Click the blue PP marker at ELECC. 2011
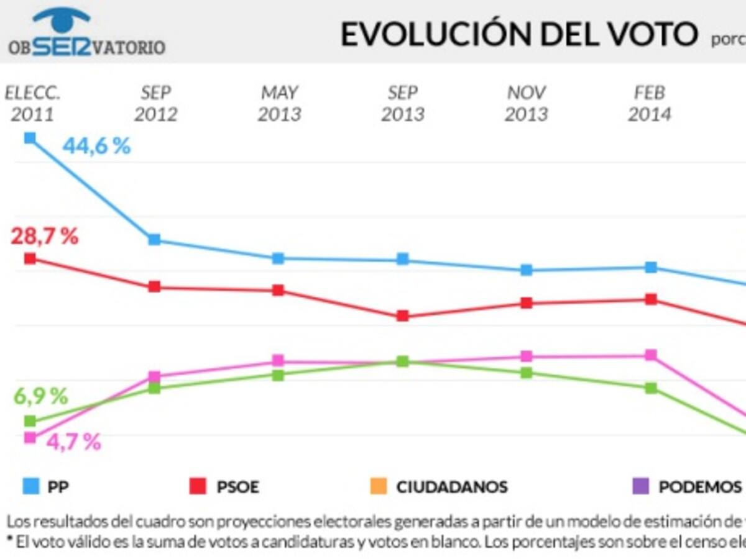pyautogui.click(x=29, y=138)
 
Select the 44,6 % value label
pyautogui.click(x=96, y=147)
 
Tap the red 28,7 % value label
pyautogui.click(x=44, y=237)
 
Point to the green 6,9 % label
pyautogui.click(x=40, y=396)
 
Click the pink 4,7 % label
pyautogui.click(x=73, y=442)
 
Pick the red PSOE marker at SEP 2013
pyautogui.click(x=402, y=316)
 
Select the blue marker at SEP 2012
pyautogui.click(x=154, y=240)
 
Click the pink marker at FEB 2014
pyautogui.click(x=651, y=355)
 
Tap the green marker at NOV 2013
pyautogui.click(x=527, y=373)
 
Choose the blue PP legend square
pyautogui.click(x=29, y=486)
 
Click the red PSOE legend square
pyautogui.click(x=198, y=486)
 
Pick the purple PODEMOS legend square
pyautogui.click(x=640, y=486)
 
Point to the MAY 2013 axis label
pyautogui.click(x=279, y=104)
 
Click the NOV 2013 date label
pyautogui.click(x=526, y=104)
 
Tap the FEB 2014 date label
pyautogui.click(x=650, y=104)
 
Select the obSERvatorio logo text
pyautogui.click(x=87, y=47)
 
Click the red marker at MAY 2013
pyautogui.click(x=278, y=290)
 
